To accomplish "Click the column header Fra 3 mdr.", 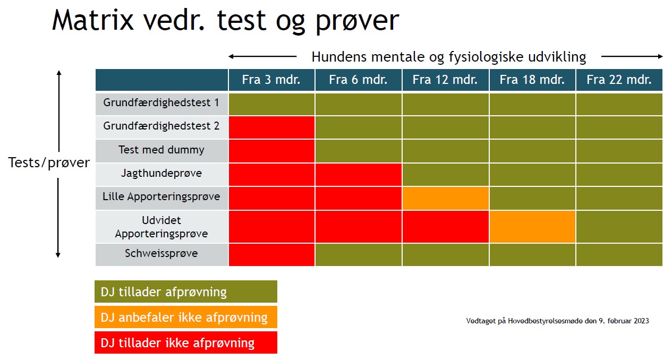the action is point(271,80).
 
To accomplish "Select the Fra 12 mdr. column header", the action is point(446,80).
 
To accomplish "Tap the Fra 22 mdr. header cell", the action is point(619,80).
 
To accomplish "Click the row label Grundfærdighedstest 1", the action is point(161,103).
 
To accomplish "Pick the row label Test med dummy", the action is point(161,150).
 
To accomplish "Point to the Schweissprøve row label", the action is point(161,254).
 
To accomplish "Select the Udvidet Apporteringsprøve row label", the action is point(161,227).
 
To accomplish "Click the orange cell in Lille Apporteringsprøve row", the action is point(446,198).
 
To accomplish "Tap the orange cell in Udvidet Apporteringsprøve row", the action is point(532,227).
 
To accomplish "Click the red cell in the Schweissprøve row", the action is point(271,255).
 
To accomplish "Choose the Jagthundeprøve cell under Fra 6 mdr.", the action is point(359,175).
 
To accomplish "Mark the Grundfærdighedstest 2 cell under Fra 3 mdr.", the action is point(271,127).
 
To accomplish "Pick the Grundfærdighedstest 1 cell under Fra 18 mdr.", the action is point(532,104).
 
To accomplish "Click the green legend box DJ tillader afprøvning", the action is point(186,292).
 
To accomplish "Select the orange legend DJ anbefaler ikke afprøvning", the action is point(186,317).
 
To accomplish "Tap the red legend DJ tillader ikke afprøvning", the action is point(186,342).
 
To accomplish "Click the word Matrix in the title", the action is point(93,20).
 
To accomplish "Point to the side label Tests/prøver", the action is point(49,163).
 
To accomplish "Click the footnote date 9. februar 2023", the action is point(624,321).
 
